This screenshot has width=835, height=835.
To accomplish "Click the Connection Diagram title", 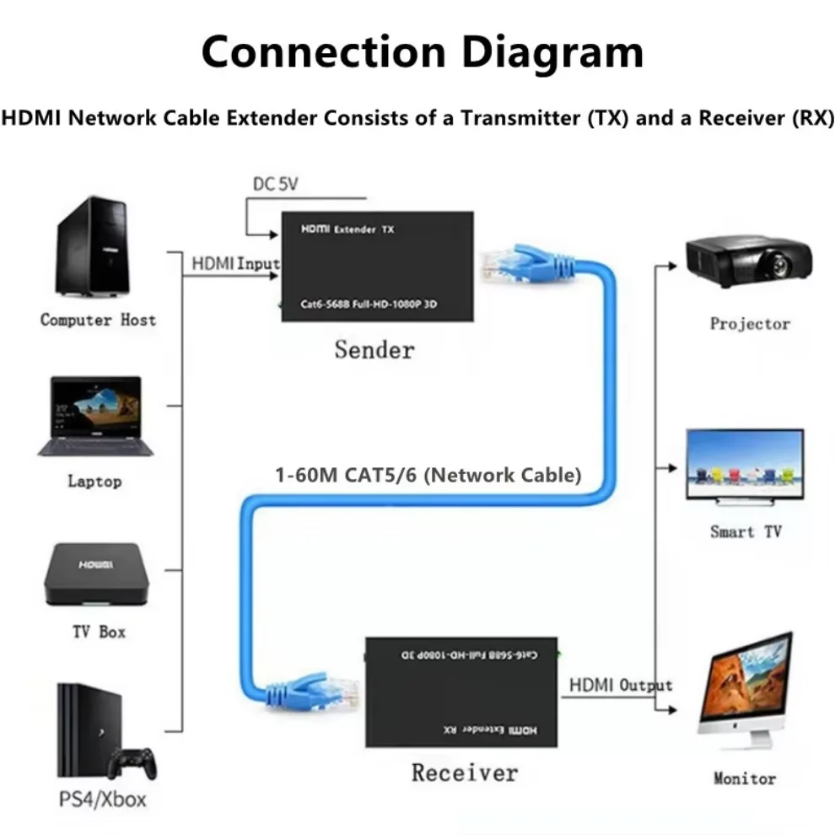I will coord(422,52).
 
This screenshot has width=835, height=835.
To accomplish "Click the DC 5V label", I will coord(277,184).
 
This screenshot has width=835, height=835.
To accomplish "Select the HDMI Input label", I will coord(234,263).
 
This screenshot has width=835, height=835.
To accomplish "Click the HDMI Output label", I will coord(620,684).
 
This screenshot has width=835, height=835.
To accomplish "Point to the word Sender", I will coord(374,348).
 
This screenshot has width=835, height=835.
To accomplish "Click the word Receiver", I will coord(464,772).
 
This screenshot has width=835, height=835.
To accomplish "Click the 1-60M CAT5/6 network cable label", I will coord(428,475).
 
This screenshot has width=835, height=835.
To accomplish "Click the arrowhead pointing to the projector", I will coord(671,265).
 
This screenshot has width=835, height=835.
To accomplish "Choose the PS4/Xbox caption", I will coord(101,798).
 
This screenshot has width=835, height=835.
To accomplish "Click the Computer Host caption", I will coord(98,320).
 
